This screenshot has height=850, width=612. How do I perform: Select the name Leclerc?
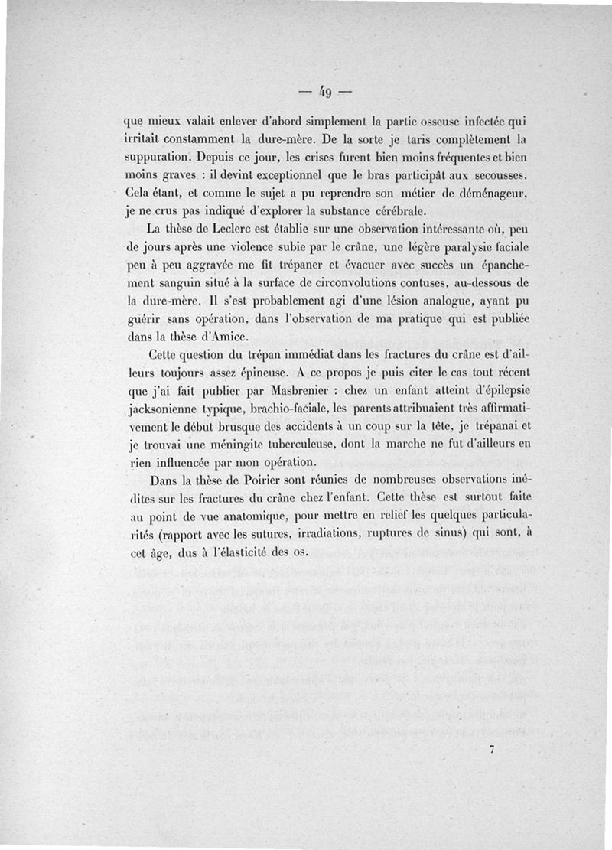click(223, 228)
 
